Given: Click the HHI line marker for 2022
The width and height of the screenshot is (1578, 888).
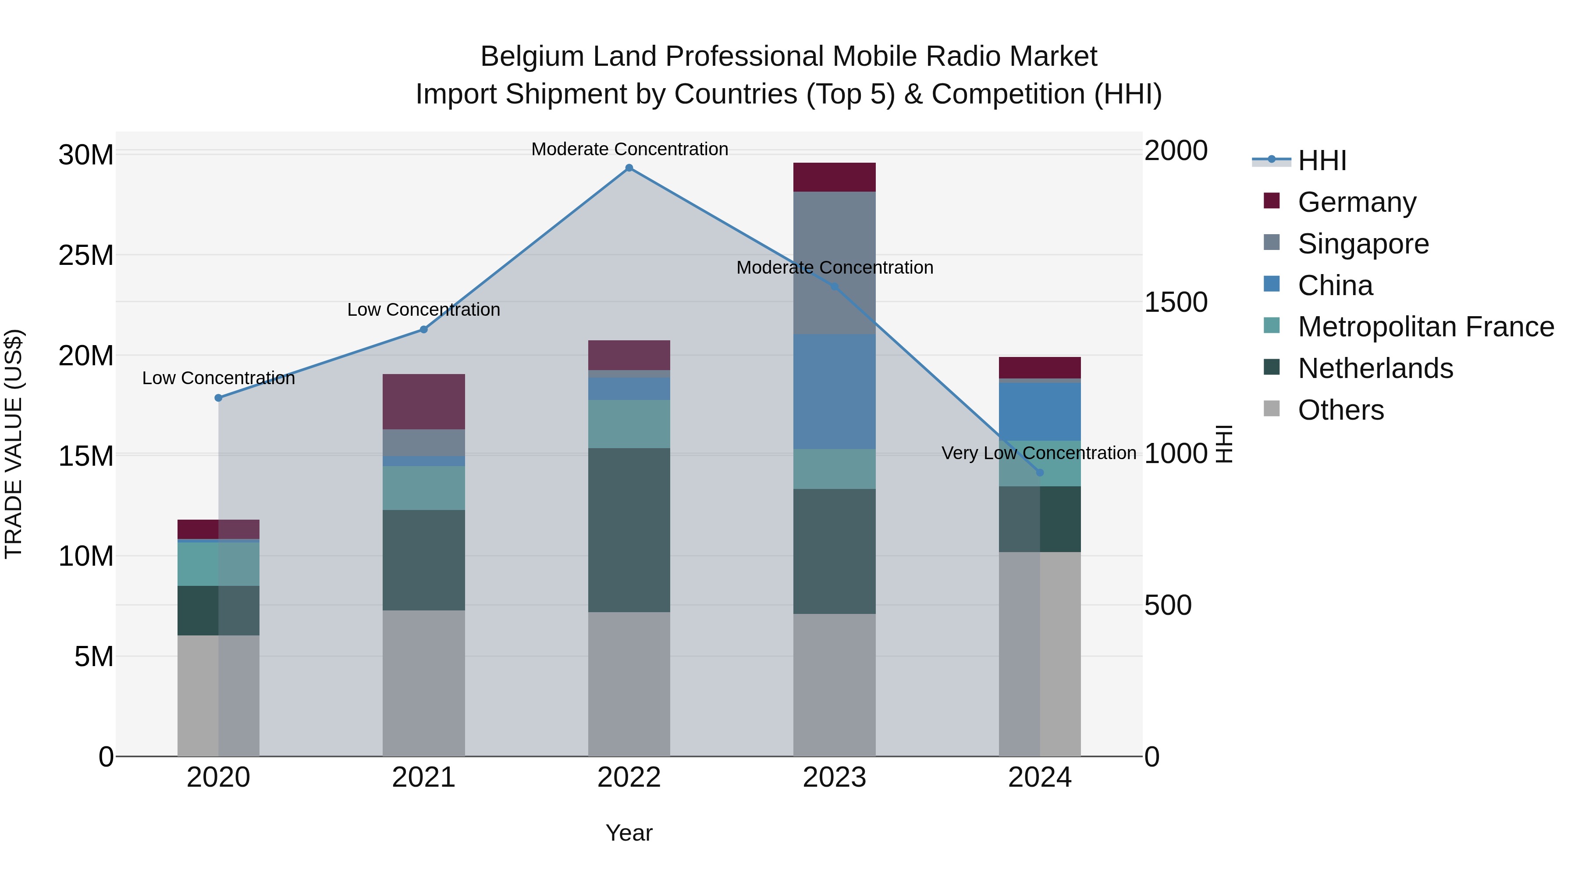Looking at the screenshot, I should coord(629,168).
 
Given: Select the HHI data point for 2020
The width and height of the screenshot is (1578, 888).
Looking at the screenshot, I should coord(219,398).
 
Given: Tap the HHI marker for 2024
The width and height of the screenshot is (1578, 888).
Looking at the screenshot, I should coord(1040,472).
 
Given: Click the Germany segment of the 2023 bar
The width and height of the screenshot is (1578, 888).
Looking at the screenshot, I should coord(834,177).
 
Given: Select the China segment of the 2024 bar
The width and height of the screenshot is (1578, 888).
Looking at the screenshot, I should coord(1040,411).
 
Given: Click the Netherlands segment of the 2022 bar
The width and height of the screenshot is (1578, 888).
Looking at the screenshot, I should coord(629,530).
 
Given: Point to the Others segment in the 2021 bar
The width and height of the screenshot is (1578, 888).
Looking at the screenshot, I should coord(424,683).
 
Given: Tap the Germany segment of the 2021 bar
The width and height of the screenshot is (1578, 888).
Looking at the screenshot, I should coord(424,401).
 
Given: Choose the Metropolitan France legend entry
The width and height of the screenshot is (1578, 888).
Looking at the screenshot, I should coord(1425,327).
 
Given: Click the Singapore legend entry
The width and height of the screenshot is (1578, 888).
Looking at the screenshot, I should coord(1363,243).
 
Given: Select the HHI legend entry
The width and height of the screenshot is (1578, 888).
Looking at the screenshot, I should coord(1322,160).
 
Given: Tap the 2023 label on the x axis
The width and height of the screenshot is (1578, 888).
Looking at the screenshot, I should coord(834,777).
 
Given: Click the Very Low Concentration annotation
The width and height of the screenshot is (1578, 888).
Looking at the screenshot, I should coord(1039,453).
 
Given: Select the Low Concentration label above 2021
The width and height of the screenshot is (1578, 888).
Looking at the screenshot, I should coord(424,310).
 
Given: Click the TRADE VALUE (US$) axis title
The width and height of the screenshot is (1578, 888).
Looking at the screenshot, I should coord(14,444).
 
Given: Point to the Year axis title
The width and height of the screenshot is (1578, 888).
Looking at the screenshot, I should coord(629,833).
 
